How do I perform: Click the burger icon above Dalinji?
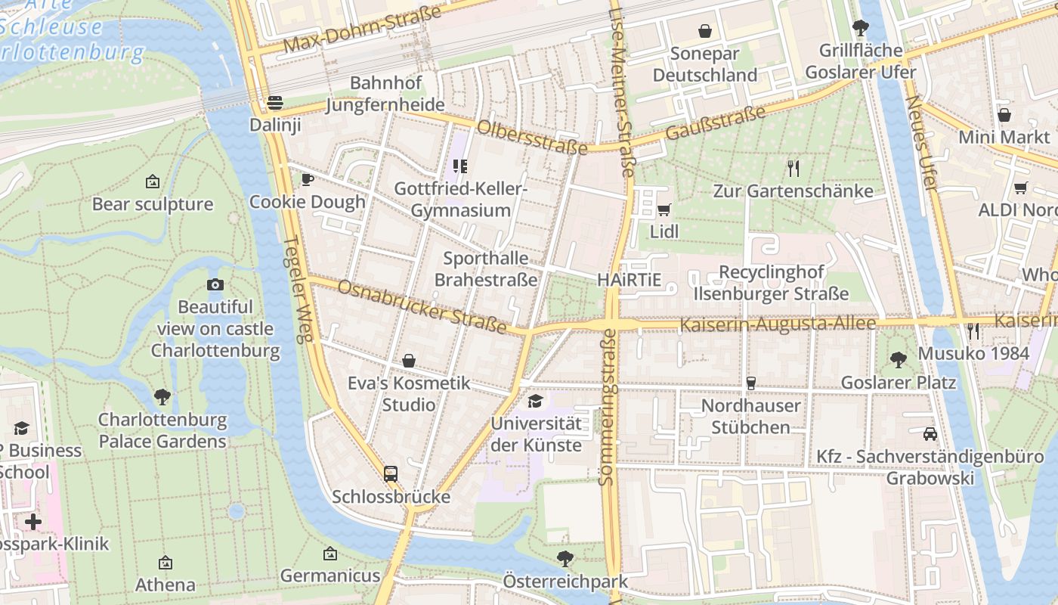pyautogui.click(x=275, y=103)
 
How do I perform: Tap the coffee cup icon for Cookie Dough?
pyautogui.click(x=307, y=179)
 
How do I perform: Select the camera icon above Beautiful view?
pyautogui.click(x=215, y=284)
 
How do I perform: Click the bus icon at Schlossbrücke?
pyautogui.click(x=391, y=474)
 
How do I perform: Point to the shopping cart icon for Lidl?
pyautogui.click(x=664, y=209)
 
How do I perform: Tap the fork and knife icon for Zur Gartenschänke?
pyautogui.click(x=793, y=168)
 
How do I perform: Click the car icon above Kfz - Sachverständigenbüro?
pyautogui.click(x=930, y=434)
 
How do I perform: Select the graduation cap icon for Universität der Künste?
pyautogui.click(x=536, y=401)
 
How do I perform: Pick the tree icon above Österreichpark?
pyautogui.click(x=565, y=559)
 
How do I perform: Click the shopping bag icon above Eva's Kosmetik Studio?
pyautogui.click(x=409, y=361)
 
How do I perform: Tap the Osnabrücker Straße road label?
pyautogui.click(x=422, y=306)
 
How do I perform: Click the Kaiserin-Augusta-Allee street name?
pyautogui.click(x=778, y=324)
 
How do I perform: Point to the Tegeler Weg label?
pyautogui.click(x=298, y=290)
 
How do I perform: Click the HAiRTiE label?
pyautogui.click(x=629, y=280)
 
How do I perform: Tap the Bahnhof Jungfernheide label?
pyautogui.click(x=385, y=94)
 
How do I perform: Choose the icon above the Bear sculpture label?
pyautogui.click(x=153, y=181)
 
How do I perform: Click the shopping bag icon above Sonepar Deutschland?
pyautogui.click(x=705, y=31)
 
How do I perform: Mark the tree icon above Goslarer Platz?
pyautogui.click(x=899, y=359)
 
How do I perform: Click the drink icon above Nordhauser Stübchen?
pyautogui.click(x=750, y=383)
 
